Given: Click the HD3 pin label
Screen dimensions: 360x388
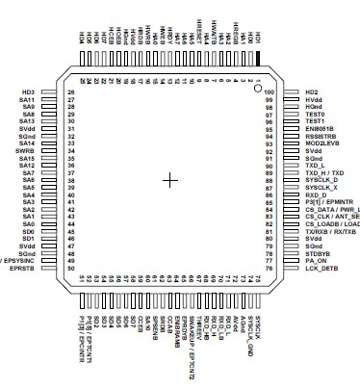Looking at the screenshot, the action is tap(27, 91).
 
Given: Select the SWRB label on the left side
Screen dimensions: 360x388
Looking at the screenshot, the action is tap(26, 151).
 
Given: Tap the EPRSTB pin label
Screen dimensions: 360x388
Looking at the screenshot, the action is tap(24, 269).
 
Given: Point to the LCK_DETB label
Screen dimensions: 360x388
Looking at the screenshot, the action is tap(320, 270).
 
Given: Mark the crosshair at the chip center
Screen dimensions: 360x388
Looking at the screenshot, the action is tap(172, 180).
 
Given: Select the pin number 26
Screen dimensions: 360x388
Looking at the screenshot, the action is tap(71, 92).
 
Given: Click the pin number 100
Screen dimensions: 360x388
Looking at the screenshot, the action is tap(270, 92).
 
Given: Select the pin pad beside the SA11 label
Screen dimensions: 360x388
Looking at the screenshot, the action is tap(50, 99).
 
